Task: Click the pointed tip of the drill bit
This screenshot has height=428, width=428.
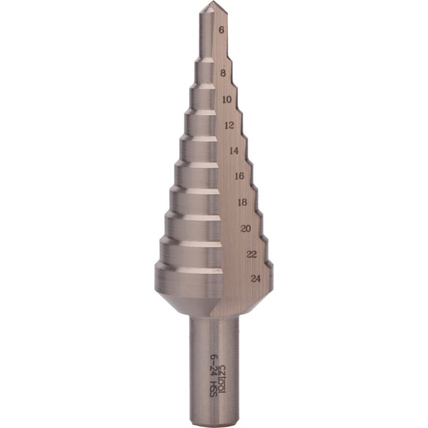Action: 209,5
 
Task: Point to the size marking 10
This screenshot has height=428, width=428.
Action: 227,99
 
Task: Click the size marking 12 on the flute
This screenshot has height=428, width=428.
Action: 230,124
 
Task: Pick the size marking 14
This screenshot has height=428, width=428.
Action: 234,150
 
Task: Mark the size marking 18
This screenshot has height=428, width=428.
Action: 242,202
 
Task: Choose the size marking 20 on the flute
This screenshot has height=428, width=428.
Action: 246,228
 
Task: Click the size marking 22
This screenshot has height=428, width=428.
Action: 251,254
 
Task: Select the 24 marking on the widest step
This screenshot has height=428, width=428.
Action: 256,279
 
